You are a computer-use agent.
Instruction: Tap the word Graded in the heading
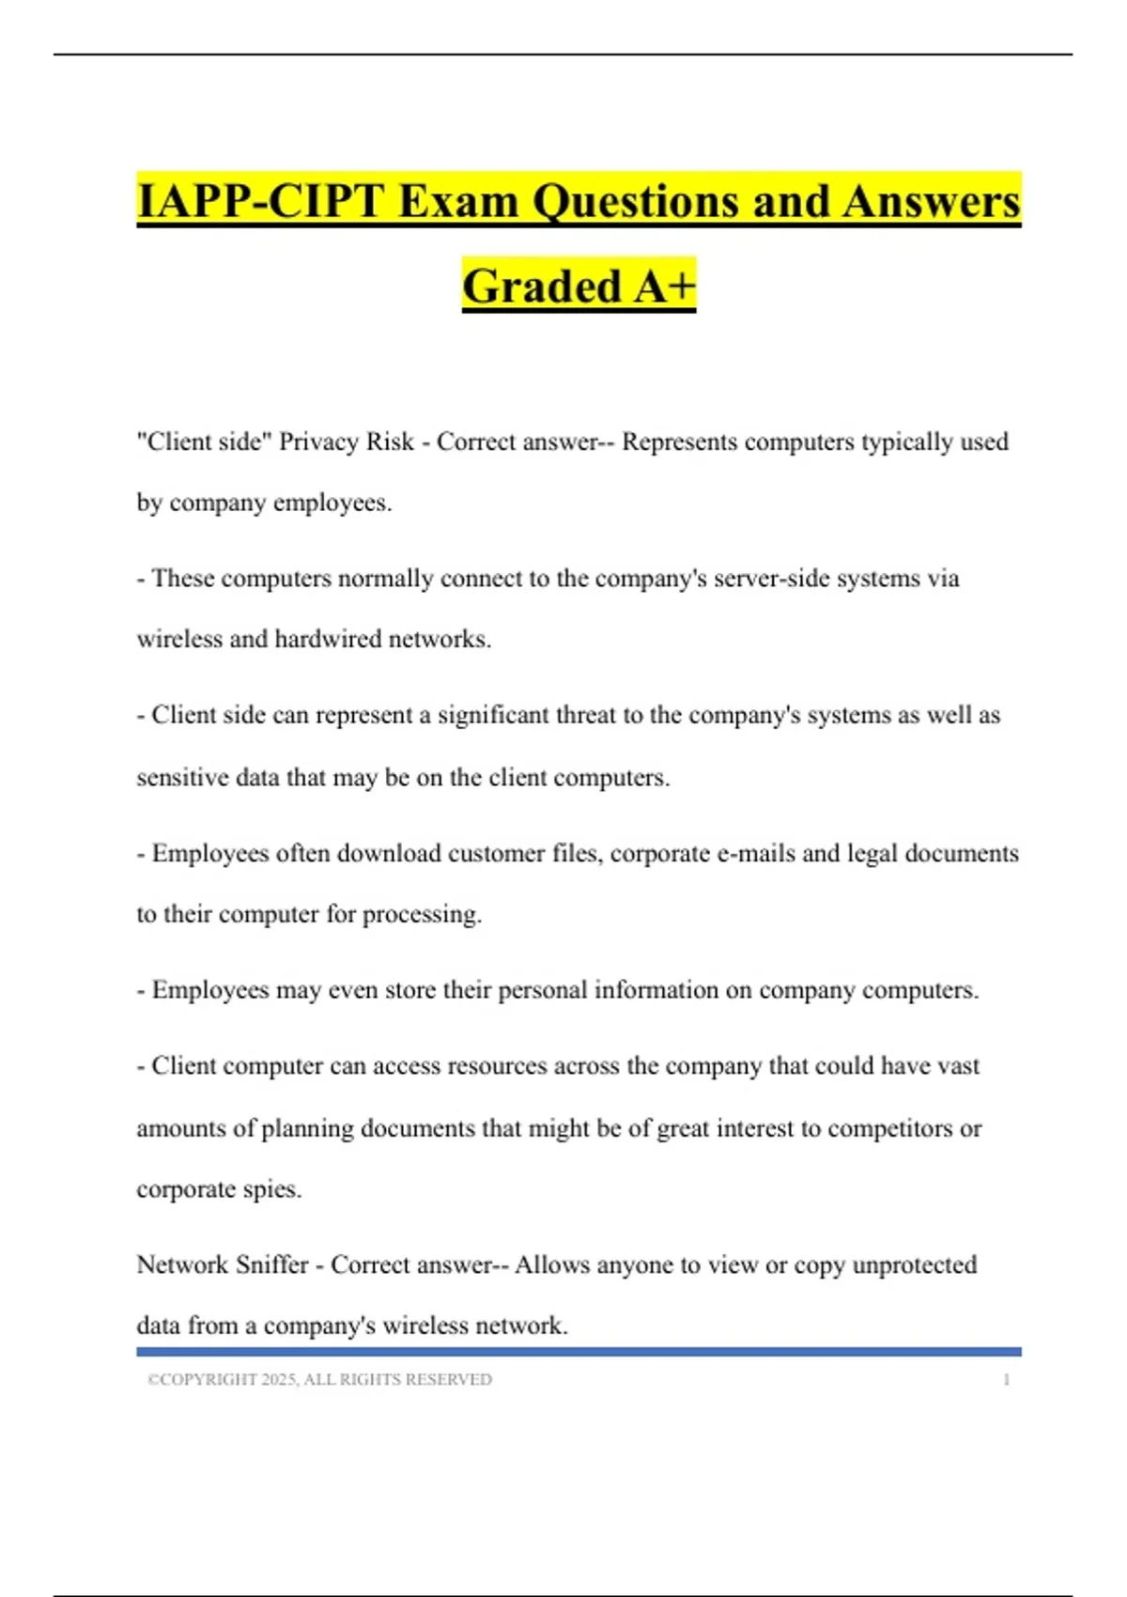[x=543, y=287]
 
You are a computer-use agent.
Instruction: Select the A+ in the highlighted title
[x=664, y=287]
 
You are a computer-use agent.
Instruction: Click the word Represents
[x=679, y=442]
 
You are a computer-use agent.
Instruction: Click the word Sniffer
[x=271, y=1265]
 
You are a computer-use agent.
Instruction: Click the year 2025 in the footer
[x=278, y=1380]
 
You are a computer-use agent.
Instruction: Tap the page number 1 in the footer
[x=1006, y=1380]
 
